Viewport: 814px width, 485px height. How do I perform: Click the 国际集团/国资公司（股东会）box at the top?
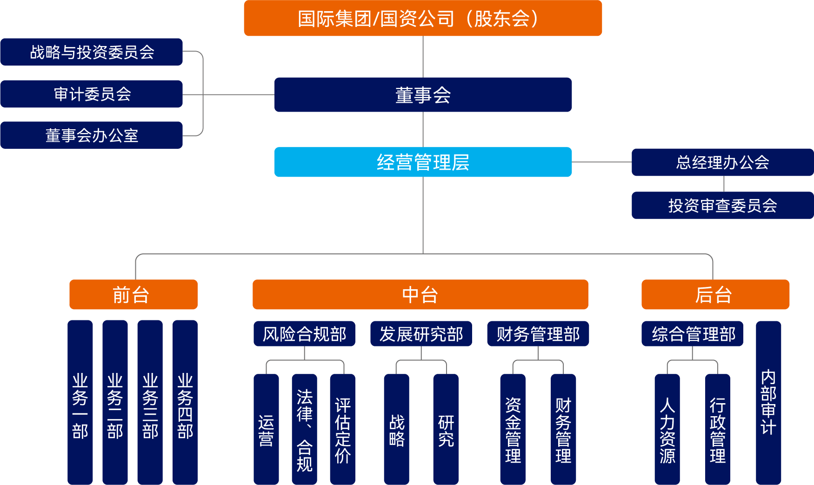(423, 18)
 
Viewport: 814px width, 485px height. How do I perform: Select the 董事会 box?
(423, 95)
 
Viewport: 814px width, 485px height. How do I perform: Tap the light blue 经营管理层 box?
(423, 162)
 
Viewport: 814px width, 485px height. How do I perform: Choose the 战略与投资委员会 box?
(92, 52)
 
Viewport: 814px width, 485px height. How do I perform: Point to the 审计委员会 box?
(92, 94)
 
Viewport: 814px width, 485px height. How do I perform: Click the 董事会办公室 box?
(92, 135)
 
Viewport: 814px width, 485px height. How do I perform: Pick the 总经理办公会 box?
(722, 162)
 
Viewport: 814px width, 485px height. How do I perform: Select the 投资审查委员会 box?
(722, 206)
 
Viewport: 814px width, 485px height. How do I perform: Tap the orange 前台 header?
(133, 295)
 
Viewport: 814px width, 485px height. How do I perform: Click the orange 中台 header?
(420, 295)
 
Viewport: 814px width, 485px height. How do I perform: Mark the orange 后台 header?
(715, 295)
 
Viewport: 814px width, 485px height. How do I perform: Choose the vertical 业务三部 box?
(150, 403)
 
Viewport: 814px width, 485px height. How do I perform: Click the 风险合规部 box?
(304, 334)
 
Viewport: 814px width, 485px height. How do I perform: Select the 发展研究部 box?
(421, 334)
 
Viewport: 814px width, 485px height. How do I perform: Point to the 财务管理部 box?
(538, 334)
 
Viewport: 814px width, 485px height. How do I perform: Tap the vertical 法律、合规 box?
(304, 429)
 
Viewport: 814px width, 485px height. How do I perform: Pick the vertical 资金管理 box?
(513, 429)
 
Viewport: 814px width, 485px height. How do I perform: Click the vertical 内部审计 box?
(768, 403)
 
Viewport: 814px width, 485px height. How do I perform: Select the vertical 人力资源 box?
(667, 429)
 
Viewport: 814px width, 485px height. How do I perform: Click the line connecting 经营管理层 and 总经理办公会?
(601, 162)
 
